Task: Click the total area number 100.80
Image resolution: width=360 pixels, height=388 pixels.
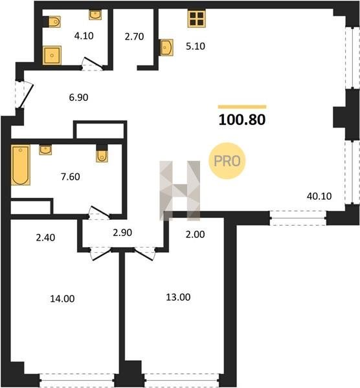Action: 242,120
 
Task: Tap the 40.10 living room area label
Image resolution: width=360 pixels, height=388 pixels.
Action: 319,196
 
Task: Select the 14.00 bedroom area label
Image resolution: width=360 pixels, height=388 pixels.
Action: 62,299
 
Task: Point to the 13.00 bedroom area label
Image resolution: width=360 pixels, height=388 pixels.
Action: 178,297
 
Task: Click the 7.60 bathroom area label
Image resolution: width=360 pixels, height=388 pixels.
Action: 71,177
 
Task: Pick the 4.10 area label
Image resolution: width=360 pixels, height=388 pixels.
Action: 84,36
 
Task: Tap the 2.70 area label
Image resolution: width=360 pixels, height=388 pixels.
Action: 134,37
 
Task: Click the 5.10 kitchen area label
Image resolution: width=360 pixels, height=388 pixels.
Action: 196,47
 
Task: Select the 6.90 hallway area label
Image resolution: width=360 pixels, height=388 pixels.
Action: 78,97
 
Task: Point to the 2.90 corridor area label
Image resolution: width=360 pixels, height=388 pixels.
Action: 122,233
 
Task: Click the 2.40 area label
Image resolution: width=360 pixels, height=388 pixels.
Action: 45,237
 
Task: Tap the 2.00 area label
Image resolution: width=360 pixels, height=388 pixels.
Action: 196,234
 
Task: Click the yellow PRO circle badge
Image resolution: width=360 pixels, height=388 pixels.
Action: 227,161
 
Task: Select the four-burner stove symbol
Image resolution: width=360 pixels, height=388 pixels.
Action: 196,19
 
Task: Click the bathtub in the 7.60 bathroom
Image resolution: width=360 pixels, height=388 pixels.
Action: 21,165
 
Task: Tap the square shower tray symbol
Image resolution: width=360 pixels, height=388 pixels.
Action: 52,56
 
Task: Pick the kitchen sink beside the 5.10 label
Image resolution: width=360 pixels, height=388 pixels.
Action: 166,47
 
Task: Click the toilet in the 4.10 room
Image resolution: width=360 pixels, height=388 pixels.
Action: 54,22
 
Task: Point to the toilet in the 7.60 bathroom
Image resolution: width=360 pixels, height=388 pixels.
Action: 102,155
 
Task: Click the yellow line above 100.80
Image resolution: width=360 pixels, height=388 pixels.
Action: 242,107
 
